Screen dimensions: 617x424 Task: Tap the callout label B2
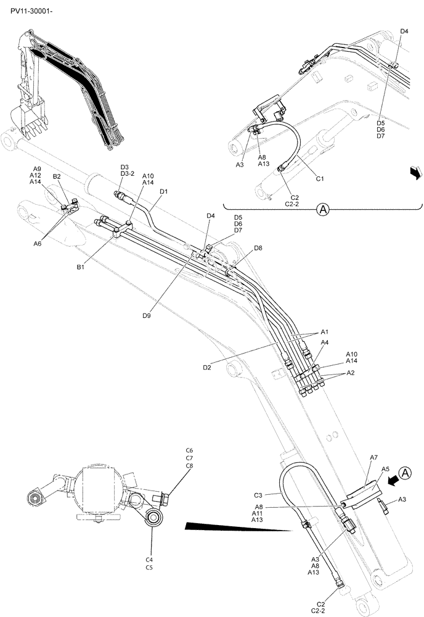pos(57,176)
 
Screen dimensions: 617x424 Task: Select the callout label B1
pos(80,267)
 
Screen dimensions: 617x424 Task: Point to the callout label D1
pos(163,192)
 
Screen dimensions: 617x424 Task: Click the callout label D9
pos(147,315)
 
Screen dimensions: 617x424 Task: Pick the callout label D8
pos(258,247)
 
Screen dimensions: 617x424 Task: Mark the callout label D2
pos(207,368)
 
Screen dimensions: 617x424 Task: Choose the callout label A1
pos(324,332)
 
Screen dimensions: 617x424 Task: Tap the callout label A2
pos(350,373)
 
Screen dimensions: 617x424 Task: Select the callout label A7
pos(373,457)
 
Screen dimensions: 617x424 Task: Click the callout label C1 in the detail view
pos(320,179)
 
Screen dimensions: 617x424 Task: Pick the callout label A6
pos(37,244)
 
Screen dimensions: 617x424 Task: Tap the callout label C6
pos(189,450)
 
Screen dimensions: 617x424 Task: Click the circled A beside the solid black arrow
pos(404,473)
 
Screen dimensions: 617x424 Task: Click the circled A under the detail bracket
pos(322,210)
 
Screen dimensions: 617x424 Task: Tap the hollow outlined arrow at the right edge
pos(415,172)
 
